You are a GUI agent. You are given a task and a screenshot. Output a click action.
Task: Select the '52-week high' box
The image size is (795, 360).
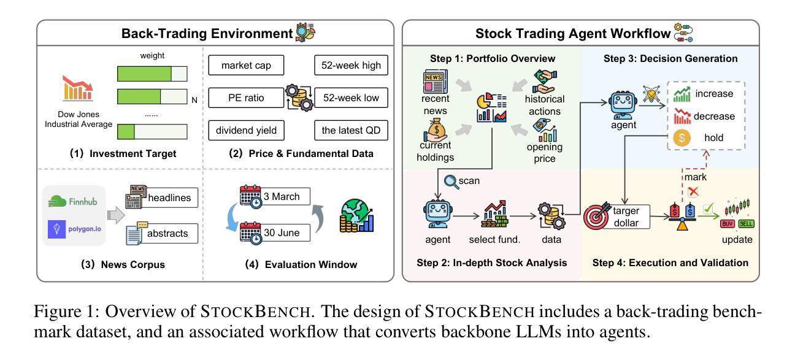(351, 65)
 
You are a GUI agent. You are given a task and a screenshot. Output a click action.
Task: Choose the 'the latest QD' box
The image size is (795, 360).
(351, 130)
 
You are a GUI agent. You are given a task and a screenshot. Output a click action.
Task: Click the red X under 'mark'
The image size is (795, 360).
(693, 191)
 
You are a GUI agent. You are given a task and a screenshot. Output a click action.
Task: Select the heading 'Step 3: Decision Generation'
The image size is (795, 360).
(670, 59)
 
